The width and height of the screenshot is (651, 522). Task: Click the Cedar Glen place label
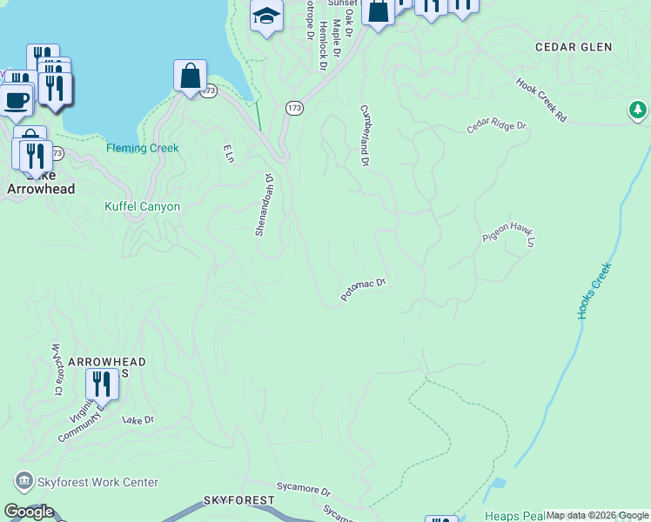574,47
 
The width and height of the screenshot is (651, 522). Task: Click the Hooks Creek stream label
595,290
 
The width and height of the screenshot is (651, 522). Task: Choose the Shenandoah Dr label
264,204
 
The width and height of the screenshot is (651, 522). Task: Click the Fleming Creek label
143,148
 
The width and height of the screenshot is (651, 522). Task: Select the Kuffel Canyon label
142,206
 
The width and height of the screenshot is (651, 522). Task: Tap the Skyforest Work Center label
96,482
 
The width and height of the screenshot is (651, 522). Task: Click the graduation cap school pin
266,16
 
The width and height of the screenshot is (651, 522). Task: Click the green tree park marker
638,110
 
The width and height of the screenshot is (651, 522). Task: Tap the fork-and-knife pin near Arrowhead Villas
102,383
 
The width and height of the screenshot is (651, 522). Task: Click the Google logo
29,511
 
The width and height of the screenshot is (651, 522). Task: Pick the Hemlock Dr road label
323,45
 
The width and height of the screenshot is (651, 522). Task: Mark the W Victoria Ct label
57,370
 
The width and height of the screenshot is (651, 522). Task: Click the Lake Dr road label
138,419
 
